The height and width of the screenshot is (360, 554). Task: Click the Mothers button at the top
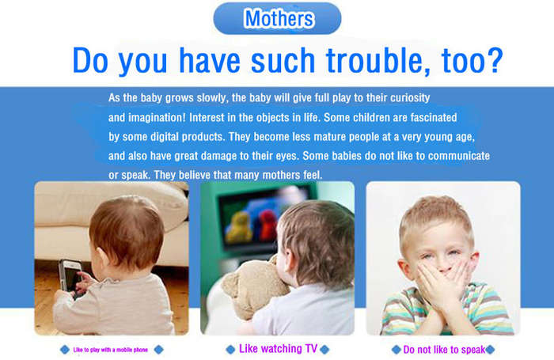pos(277,18)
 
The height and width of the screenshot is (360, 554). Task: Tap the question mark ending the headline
pos(493,60)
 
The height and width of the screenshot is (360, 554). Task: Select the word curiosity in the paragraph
pos(410,98)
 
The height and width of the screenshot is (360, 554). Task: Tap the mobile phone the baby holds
pos(70,278)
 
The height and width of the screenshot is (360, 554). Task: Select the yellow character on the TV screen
pos(240,227)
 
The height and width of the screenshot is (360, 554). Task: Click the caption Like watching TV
pos(278,349)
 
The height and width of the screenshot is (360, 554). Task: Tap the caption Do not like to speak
pos(444,350)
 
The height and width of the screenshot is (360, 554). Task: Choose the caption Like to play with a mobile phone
pos(111,350)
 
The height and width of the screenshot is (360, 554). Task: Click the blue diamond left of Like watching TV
pos(230,350)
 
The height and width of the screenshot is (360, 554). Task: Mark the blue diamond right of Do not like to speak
pos(490,350)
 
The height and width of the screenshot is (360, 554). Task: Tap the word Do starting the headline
pos(90,60)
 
